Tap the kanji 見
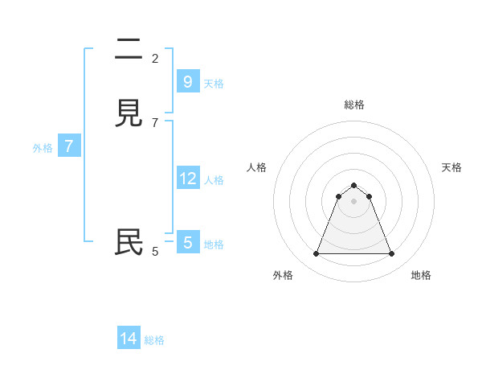[129, 113]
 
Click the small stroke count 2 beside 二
[155, 58]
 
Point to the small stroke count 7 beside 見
[155, 122]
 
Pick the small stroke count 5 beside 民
[155, 252]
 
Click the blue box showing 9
[187, 82]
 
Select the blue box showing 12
[187, 179]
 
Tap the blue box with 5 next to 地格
[187, 243]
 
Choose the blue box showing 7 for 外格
[69, 146]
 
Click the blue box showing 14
[129, 339]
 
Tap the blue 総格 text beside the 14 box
[154, 340]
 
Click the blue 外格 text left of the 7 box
[43, 148]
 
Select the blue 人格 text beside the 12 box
[214, 180]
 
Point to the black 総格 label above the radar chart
[354, 105]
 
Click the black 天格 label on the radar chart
[451, 167]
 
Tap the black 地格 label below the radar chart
[421, 275]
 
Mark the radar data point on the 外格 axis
[316, 254]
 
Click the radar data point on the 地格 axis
[391, 254]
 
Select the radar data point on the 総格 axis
[353, 185]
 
